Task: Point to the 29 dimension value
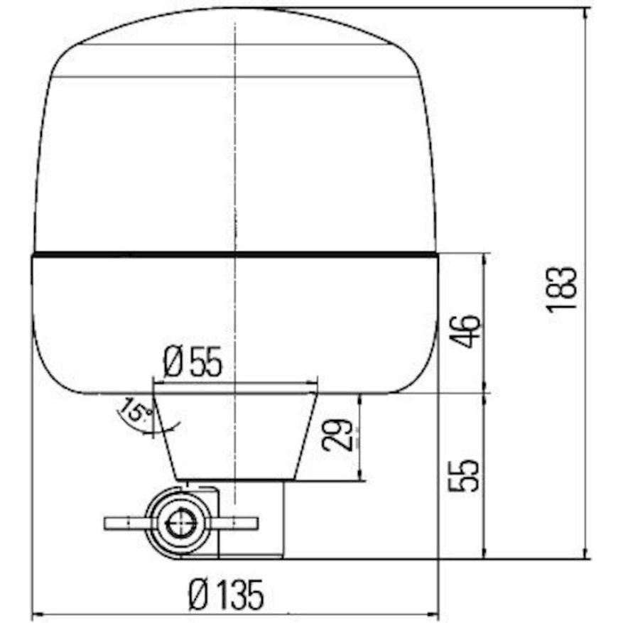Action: tap(337, 435)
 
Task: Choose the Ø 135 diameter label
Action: tap(226, 594)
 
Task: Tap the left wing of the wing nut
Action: tap(124, 524)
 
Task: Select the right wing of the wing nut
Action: tap(234, 524)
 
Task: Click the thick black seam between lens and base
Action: tap(234, 254)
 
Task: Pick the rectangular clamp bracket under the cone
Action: tap(252, 519)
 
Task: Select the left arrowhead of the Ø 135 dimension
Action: tap(38, 614)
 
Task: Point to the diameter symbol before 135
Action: tap(198, 594)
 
